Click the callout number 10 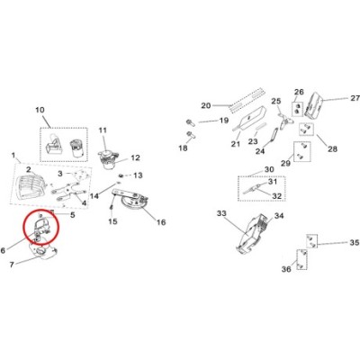pyautogui.click(x=40, y=110)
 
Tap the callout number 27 pyautogui.click(x=355, y=98)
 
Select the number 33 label pyautogui.click(x=221, y=213)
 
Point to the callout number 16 pyautogui.click(x=161, y=222)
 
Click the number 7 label pyautogui.click(x=12, y=265)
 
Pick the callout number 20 pyautogui.click(x=206, y=105)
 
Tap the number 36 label pyautogui.click(x=286, y=269)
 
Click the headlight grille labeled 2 pyautogui.click(x=29, y=186)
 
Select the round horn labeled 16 pyautogui.click(x=132, y=203)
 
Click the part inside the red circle pyautogui.click(x=42, y=228)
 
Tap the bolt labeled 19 pyautogui.click(x=190, y=122)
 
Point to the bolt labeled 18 pyautogui.click(x=191, y=135)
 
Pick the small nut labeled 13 pyautogui.click(x=121, y=175)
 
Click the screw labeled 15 pyautogui.click(x=112, y=208)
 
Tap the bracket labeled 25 pyautogui.click(x=286, y=121)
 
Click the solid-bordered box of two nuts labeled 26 pyautogui.click(x=298, y=109)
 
